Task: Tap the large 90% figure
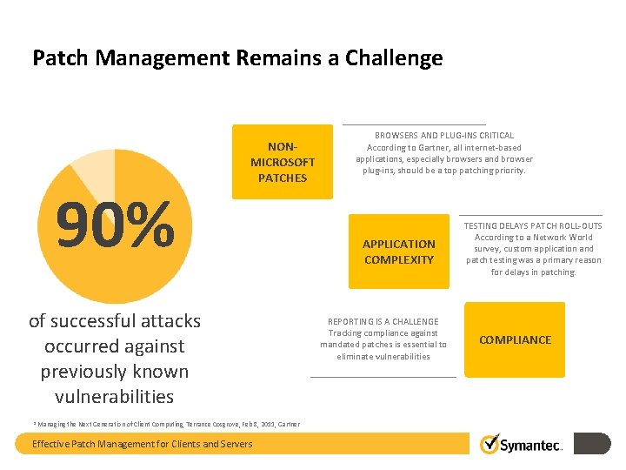[115, 225]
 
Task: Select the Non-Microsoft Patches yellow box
[283, 162]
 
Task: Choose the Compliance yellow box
[515, 339]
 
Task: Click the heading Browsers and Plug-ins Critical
[444, 135]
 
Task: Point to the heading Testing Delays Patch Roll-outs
[533, 225]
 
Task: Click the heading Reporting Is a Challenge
[383, 321]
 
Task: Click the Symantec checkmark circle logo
[489, 444]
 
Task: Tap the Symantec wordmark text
[531, 446]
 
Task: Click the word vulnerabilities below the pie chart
[114, 396]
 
